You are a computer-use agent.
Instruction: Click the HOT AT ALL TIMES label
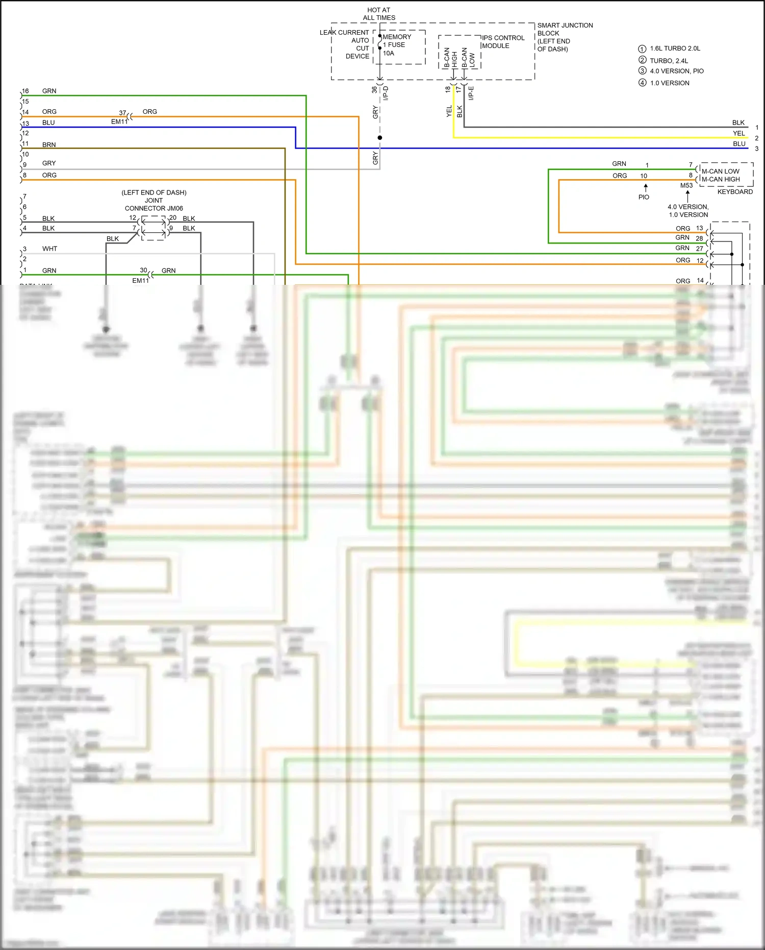tap(379, 14)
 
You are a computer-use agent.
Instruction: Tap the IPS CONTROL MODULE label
tap(502, 42)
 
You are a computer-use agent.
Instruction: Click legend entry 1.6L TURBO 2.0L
tap(674, 48)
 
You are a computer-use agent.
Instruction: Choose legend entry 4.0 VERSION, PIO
tap(676, 71)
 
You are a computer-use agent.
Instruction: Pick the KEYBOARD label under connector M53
tap(734, 192)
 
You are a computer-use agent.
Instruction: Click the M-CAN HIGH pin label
tap(720, 179)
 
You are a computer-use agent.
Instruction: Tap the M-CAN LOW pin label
tap(720, 172)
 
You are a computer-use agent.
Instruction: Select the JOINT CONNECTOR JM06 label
tap(154, 204)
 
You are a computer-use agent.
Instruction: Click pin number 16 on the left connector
tap(25, 91)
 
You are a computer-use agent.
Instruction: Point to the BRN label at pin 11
tap(49, 145)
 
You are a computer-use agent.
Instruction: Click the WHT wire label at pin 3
tap(49, 249)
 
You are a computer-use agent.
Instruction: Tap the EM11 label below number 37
tap(119, 121)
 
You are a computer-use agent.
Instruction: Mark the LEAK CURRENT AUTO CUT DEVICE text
tap(345, 44)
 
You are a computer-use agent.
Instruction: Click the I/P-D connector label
tap(386, 93)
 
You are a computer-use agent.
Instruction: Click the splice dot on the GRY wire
tap(379, 138)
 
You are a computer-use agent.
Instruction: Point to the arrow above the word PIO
tap(646, 188)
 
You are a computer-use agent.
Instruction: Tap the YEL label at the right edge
tap(738, 133)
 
